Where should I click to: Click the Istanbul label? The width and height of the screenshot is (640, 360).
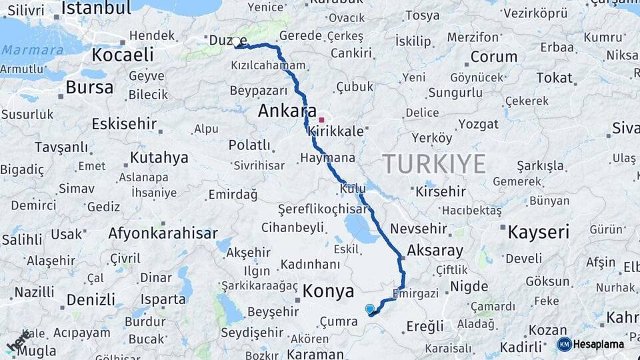96,8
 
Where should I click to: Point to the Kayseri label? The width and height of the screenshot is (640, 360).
538,232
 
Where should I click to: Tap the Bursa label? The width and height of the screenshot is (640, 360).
89,87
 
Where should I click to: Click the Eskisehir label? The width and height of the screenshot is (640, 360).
124,123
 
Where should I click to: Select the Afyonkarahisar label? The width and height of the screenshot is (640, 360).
163,233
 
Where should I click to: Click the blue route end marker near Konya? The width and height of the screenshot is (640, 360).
370,309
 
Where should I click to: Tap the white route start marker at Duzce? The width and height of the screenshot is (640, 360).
236,42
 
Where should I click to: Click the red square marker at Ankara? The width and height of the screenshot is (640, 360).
321,121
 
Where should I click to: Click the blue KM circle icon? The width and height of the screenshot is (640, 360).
564,344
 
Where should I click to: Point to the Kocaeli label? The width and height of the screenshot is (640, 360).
123,54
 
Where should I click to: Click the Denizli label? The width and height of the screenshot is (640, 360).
91,299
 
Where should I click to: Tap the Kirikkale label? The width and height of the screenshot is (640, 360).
337,132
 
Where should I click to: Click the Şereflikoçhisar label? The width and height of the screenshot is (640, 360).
323,209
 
